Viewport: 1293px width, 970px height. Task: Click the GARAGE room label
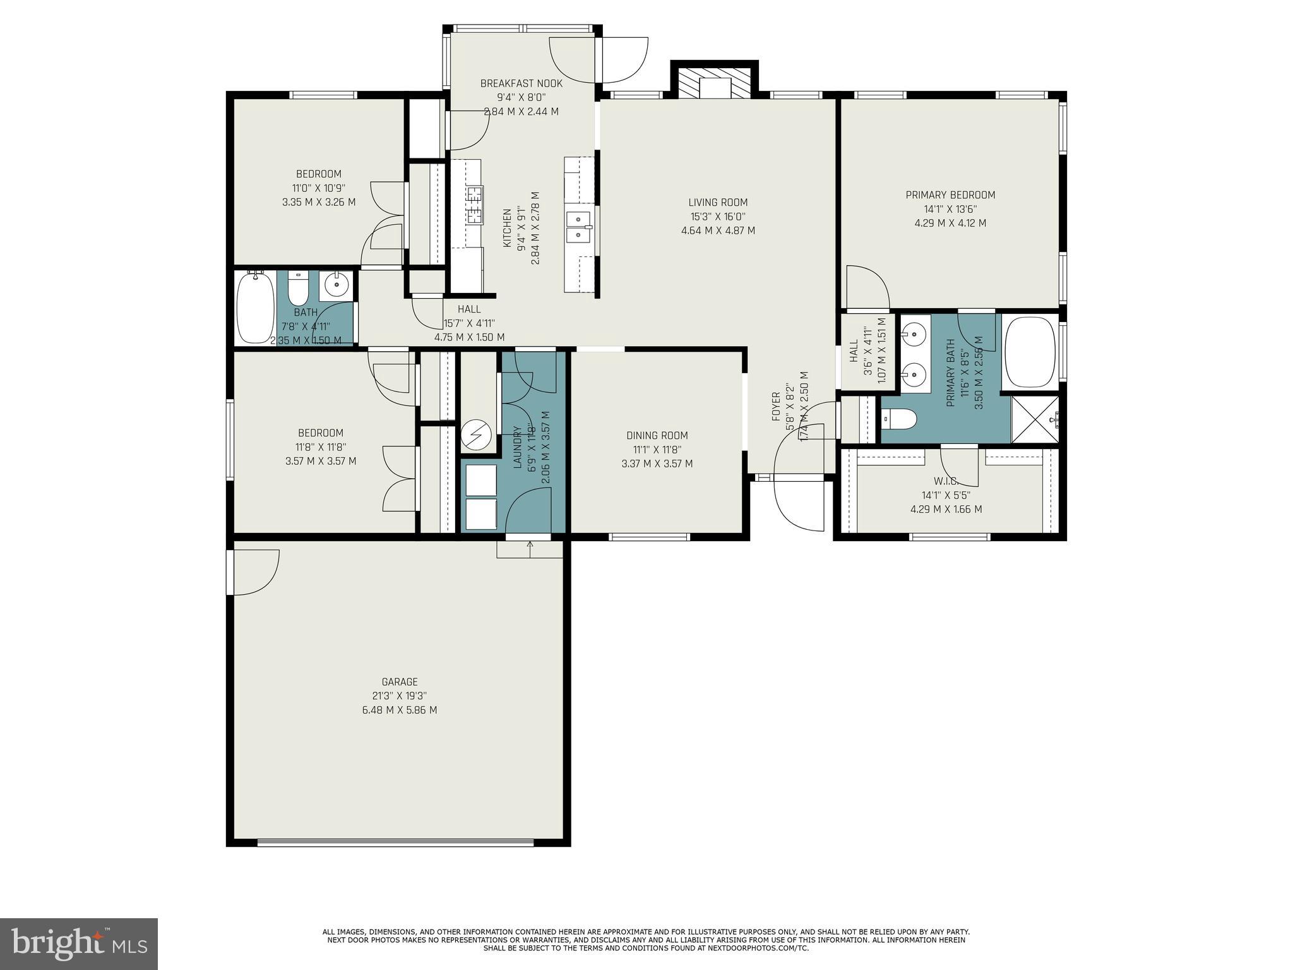[400, 682]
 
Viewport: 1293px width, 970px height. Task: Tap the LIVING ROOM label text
[718, 203]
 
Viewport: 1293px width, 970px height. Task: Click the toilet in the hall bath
[297, 290]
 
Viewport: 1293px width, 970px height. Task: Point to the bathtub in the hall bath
[255, 308]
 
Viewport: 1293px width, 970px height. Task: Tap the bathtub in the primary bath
[1030, 352]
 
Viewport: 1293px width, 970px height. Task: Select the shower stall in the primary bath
[1035, 419]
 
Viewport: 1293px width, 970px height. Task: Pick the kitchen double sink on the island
[579, 227]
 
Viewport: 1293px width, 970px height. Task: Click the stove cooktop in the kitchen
[474, 205]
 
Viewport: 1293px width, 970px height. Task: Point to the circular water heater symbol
[477, 434]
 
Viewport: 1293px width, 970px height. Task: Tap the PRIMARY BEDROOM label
[950, 195]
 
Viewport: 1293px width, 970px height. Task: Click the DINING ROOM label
[657, 435]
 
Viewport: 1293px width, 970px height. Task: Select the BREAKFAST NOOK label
[521, 83]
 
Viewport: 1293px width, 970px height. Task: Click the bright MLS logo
[78, 943]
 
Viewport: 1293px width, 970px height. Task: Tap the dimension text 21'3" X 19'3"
[400, 696]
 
